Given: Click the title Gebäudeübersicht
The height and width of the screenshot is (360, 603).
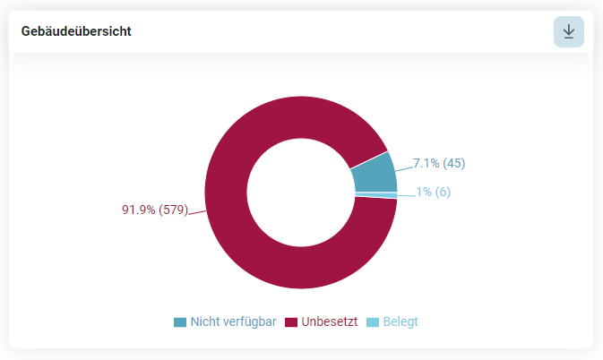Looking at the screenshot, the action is coord(76,31).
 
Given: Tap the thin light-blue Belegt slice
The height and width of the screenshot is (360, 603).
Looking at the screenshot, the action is coord(376,195).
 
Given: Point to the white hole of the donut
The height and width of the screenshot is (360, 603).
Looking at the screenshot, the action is coord(301,193).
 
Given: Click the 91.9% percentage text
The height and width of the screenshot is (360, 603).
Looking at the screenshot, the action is coord(139,210).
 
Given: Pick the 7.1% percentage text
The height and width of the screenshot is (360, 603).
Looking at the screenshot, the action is coord(426,163).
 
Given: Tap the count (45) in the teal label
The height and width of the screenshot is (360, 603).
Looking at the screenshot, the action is coord(453,163).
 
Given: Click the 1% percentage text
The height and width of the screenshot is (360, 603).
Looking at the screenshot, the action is coord(424,192).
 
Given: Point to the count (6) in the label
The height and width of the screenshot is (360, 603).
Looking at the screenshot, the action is coord(443,192).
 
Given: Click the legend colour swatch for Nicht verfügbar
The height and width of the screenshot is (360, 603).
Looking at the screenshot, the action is coord(180,322).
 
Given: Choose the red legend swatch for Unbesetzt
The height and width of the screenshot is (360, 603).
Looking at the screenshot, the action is coord(291,322).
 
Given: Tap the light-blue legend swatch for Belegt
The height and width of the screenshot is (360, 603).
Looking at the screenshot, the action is coord(373,322).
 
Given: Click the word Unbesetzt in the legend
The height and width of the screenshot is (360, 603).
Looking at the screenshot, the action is coord(330,321).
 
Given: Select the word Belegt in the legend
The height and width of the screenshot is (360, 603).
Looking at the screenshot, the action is coord(401,322).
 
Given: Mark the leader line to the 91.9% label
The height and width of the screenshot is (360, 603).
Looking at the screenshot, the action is coord(197,213).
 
